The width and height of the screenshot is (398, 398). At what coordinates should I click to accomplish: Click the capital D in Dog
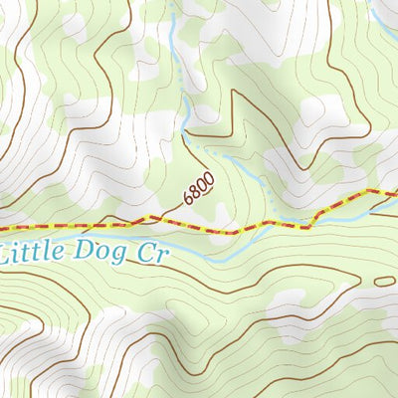85,252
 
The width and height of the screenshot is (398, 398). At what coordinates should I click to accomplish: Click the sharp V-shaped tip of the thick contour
235,92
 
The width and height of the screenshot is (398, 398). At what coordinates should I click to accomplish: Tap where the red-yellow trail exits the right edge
395,190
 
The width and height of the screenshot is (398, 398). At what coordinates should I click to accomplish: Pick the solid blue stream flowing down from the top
179,60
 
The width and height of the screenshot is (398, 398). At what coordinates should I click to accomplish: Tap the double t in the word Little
40,252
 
